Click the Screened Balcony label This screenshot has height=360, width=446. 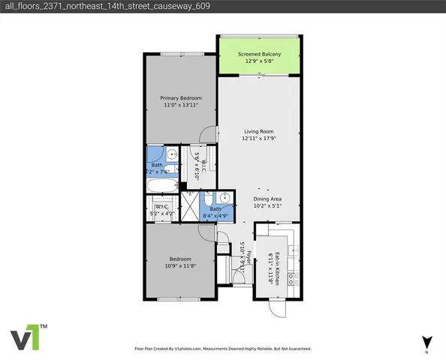[x=259, y=55]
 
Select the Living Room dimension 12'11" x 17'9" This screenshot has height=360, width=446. [x=259, y=139]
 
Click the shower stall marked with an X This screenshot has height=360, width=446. [x=191, y=203]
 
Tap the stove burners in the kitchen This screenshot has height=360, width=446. [x=294, y=278]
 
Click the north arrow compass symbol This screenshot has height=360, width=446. [x=426, y=342]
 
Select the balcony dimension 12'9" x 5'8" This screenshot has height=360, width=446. [x=259, y=62]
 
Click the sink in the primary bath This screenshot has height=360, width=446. [x=172, y=155]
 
